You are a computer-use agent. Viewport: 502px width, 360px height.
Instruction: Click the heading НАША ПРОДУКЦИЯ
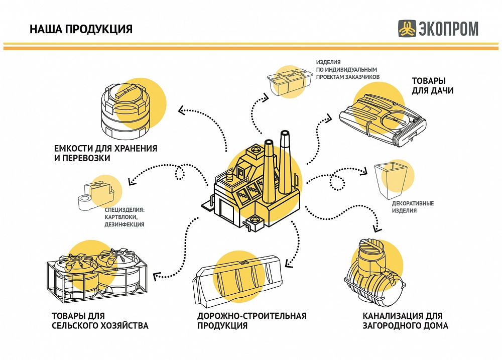(81, 29)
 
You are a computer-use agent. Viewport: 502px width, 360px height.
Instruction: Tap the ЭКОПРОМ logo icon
(407, 29)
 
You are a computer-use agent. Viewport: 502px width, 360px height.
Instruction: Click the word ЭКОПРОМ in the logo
(448, 29)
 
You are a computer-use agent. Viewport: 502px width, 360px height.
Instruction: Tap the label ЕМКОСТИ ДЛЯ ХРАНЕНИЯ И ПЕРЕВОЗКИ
(106, 154)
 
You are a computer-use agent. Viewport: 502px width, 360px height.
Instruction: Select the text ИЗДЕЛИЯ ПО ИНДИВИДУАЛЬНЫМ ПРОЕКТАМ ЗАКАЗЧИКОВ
(347, 69)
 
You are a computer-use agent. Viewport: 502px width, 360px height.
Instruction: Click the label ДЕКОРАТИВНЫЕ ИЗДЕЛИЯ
(413, 207)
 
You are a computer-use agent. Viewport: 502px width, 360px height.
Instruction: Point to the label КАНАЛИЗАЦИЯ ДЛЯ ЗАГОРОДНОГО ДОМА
(405, 320)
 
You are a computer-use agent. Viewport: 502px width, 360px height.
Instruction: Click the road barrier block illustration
(239, 284)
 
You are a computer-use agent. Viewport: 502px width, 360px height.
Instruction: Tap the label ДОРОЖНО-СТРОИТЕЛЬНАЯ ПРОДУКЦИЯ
(252, 320)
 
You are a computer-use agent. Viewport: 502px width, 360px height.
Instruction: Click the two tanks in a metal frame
(95, 277)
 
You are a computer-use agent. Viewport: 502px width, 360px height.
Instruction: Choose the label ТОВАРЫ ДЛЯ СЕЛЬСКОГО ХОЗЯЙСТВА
(100, 320)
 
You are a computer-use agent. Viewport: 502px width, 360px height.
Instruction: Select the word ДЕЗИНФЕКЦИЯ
(124, 224)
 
